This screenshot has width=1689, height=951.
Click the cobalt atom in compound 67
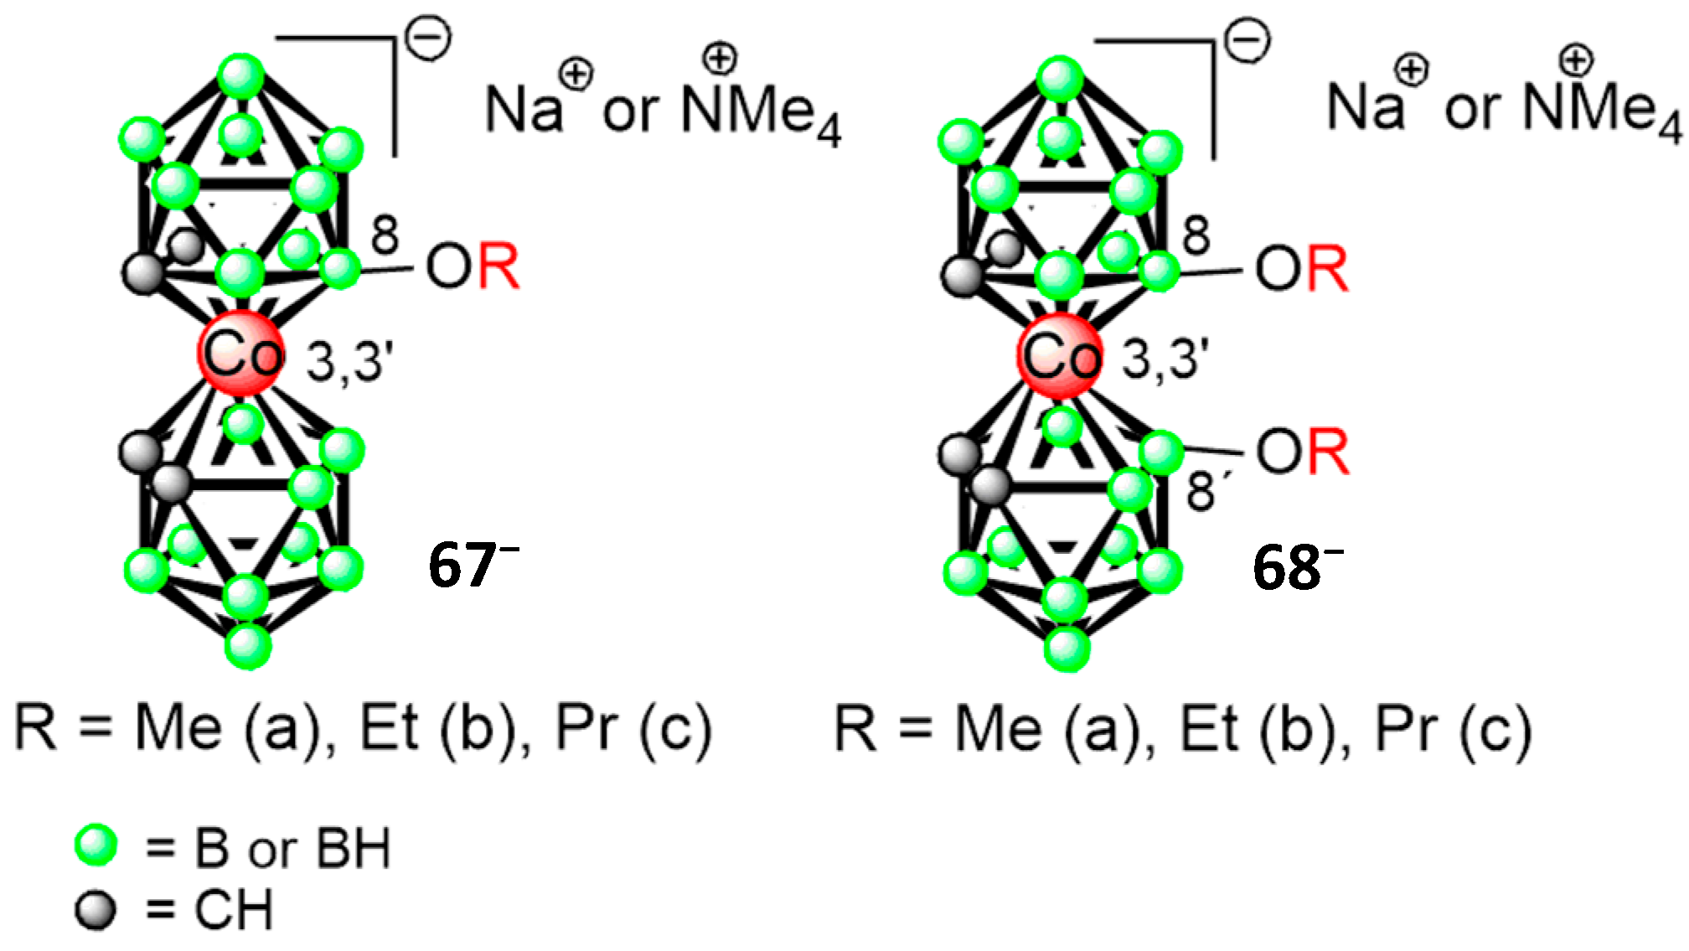[241, 353]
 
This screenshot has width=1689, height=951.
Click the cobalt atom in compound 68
[1060, 355]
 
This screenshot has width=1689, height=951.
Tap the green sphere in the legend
[96, 845]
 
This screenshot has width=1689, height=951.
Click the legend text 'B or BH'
[292, 849]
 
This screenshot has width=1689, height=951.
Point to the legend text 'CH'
[234, 911]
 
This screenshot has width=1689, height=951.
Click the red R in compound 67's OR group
[498, 267]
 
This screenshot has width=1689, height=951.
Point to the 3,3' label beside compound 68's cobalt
[1165, 359]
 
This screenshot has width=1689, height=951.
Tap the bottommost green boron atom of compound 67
[248, 646]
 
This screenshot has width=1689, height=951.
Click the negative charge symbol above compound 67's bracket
[428, 39]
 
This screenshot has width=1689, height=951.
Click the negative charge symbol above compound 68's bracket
[1247, 41]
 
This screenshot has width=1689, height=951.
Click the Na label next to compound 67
[524, 110]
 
